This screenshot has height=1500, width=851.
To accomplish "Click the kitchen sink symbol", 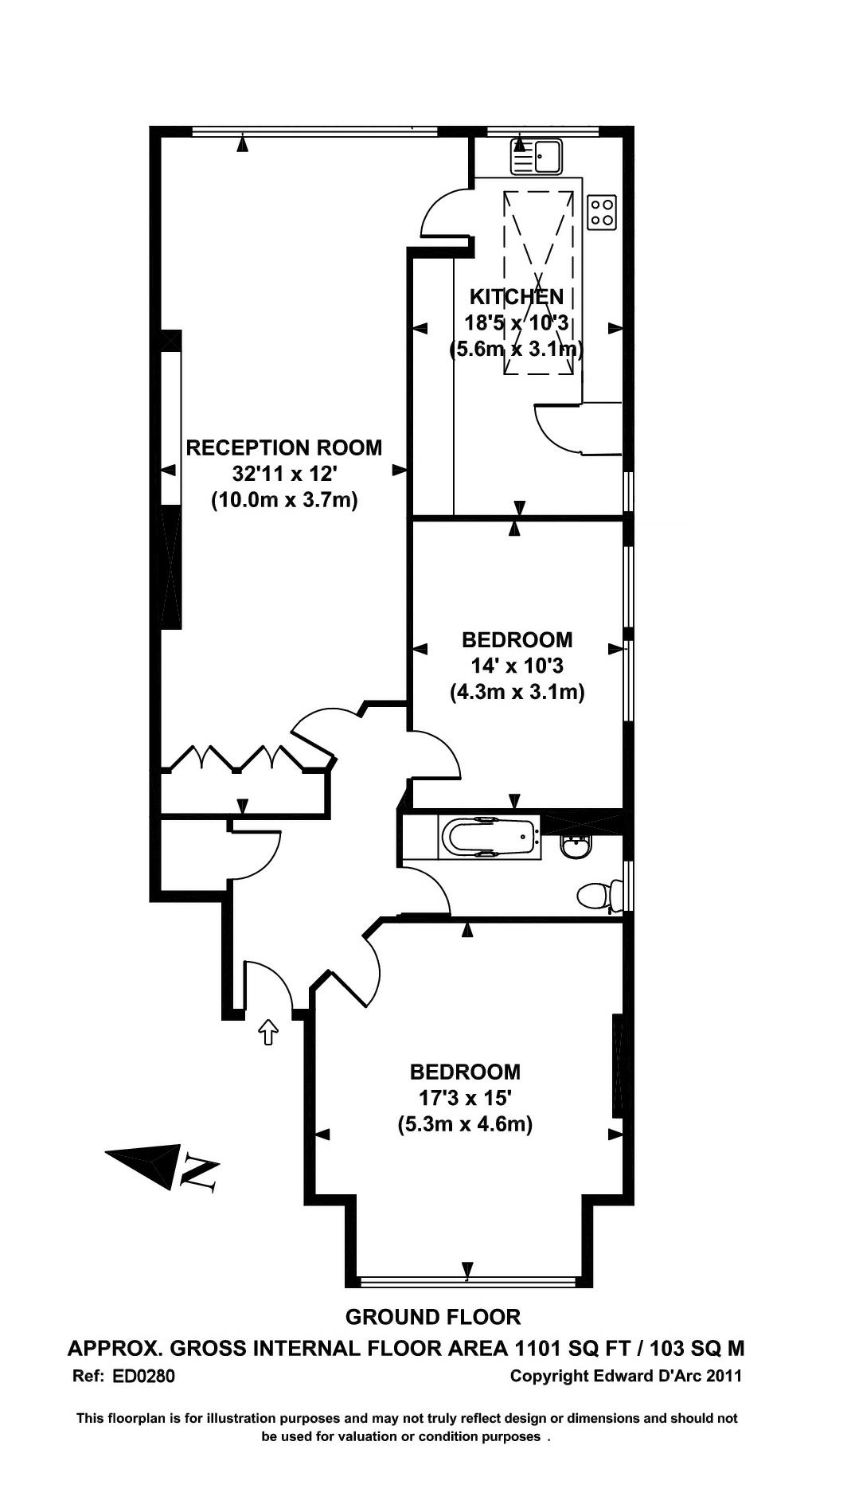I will pos(537,157).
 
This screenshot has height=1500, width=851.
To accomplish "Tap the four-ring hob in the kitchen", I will pos(602,212).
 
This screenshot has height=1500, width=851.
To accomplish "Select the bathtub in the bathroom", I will pos(488,838).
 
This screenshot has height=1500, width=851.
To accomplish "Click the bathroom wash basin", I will pos(576,846).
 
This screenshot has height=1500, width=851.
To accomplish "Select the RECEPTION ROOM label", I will pos(284,447).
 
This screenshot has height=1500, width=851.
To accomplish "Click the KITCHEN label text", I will pos(517,297).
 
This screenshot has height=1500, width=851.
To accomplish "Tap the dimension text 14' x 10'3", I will pos(517,666).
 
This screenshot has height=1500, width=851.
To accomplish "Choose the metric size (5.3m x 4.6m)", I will pos(465,1124).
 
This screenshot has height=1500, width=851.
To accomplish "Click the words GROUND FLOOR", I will pos(433,1317).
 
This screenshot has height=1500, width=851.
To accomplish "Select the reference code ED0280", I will pos(144,1376).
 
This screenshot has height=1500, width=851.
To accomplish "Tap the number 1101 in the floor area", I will pos(540,1348).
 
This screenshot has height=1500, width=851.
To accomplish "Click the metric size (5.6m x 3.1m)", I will pos(517,350).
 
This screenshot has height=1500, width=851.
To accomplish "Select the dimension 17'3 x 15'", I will pos(465,1098).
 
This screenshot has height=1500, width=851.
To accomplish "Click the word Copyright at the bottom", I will pos(550,1376).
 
